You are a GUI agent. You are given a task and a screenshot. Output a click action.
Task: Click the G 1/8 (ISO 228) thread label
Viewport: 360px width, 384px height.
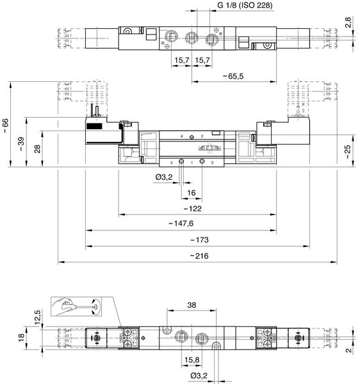(245, 5)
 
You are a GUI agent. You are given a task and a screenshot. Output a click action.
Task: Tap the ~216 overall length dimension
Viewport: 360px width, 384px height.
(199, 256)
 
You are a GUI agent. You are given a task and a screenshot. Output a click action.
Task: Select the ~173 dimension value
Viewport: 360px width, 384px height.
(199, 240)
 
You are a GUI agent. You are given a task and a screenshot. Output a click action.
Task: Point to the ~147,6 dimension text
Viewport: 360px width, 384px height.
(181, 223)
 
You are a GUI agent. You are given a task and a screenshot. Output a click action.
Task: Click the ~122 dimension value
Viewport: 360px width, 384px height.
(193, 209)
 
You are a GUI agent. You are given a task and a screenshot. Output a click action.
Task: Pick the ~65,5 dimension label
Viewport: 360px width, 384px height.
(233, 76)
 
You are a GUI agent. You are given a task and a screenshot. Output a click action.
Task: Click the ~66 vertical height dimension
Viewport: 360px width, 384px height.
(5, 126)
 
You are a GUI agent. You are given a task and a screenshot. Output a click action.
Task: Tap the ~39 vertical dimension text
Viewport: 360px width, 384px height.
(21, 144)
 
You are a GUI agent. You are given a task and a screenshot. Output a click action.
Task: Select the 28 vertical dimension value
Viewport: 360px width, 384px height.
(37, 149)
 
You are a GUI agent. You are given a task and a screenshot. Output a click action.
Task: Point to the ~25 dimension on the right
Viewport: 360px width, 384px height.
(347, 152)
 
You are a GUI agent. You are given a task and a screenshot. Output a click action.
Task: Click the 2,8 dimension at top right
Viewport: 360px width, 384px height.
(348, 22)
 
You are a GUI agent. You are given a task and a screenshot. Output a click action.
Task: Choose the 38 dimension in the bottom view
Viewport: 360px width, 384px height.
(192, 305)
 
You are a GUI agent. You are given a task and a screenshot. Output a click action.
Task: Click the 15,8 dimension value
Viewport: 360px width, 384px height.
(192, 360)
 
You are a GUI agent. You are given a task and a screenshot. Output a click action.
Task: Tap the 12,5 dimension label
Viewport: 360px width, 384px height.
(37, 317)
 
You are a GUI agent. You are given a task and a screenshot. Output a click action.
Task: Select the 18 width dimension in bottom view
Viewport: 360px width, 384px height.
(21, 337)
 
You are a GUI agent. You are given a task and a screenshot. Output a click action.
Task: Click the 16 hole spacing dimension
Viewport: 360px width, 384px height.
(192, 193)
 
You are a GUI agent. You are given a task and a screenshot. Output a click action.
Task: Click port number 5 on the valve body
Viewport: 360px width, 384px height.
(171, 163)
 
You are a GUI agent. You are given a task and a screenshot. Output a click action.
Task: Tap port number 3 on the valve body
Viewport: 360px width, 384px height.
(212, 163)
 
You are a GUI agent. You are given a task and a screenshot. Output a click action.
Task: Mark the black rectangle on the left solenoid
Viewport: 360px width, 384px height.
(94, 126)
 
